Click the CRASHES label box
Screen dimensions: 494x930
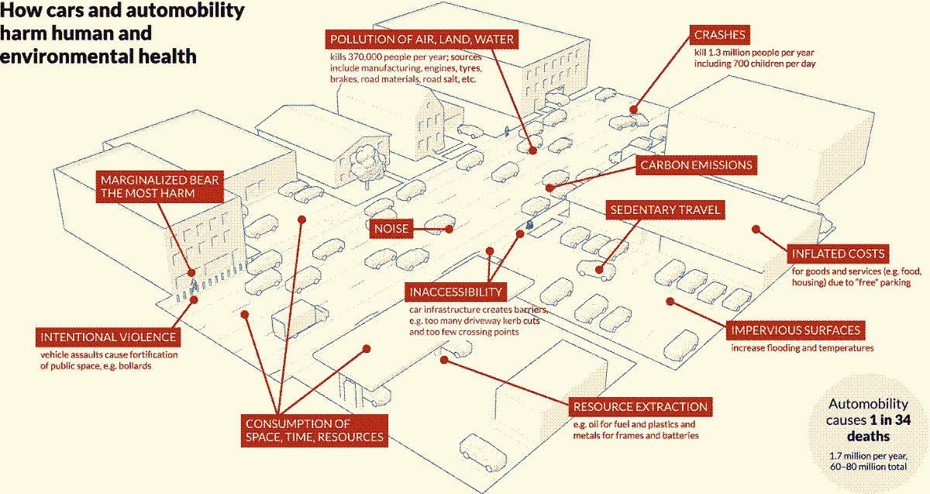720,35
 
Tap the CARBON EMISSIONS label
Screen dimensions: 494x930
695,165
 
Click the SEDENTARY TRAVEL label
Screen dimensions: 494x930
666,210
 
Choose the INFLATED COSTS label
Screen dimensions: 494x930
837,254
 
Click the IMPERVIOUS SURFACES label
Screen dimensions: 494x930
795,330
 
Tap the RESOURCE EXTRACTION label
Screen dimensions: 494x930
639,406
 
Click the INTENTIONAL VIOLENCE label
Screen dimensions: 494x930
108,337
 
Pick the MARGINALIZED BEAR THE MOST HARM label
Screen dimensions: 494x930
160,187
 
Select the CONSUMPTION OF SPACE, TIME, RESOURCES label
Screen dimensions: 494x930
314,430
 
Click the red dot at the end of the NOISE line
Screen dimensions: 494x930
449,229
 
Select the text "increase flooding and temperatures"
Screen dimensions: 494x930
802,348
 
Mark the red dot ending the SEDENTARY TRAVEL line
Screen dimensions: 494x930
601,270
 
